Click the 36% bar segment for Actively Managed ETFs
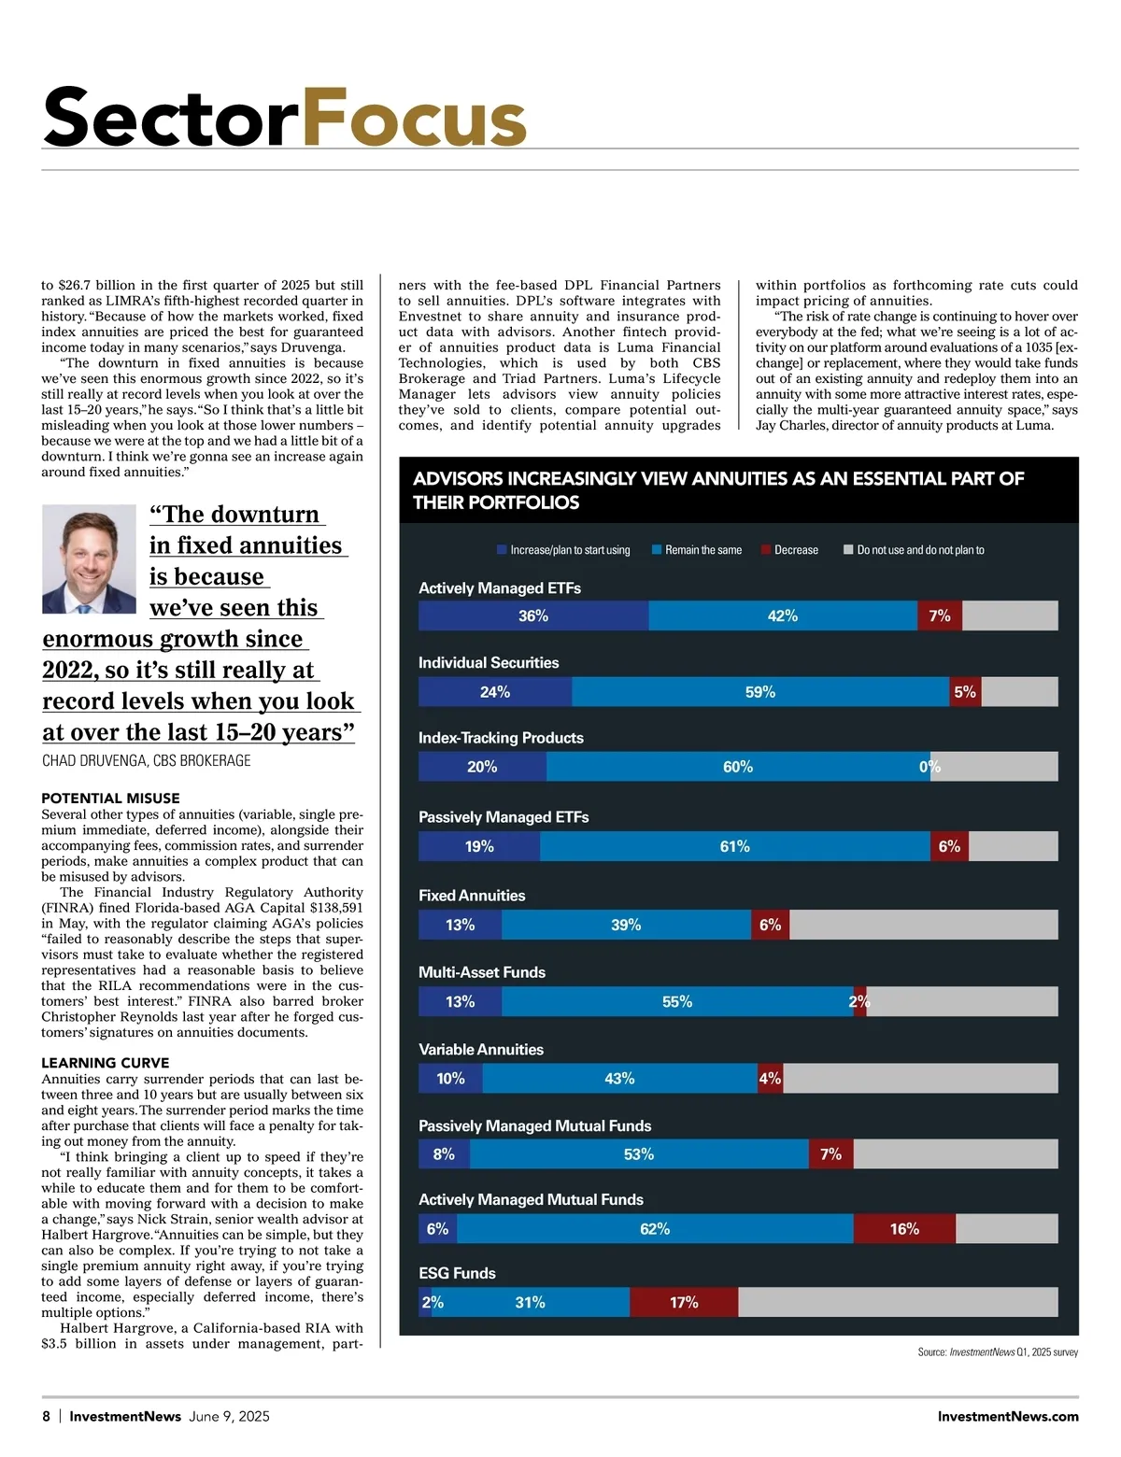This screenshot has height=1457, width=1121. (x=533, y=616)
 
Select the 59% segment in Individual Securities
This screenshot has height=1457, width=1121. (x=760, y=692)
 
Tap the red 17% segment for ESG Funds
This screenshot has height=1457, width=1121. (x=684, y=1302)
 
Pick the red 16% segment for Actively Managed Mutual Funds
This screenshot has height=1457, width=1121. (x=904, y=1229)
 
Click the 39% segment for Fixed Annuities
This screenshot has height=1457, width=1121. (x=626, y=925)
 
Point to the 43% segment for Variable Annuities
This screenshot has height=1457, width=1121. (x=619, y=1079)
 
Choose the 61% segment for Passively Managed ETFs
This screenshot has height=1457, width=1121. (x=735, y=846)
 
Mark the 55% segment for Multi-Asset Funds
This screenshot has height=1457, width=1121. (x=677, y=1002)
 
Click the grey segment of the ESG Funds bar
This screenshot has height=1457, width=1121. (x=898, y=1302)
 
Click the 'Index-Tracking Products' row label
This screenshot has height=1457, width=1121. (x=501, y=738)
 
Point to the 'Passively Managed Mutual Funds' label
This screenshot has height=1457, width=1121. (x=534, y=1126)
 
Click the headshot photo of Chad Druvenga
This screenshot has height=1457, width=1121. (x=90, y=559)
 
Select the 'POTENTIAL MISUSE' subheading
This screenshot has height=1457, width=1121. (x=110, y=799)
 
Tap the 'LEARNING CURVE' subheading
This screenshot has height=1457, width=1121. (x=106, y=1063)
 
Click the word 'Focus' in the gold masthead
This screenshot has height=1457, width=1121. (x=414, y=118)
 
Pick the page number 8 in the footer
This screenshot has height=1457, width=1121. (x=47, y=1416)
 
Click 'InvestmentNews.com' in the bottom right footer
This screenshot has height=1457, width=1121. (x=1008, y=1416)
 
